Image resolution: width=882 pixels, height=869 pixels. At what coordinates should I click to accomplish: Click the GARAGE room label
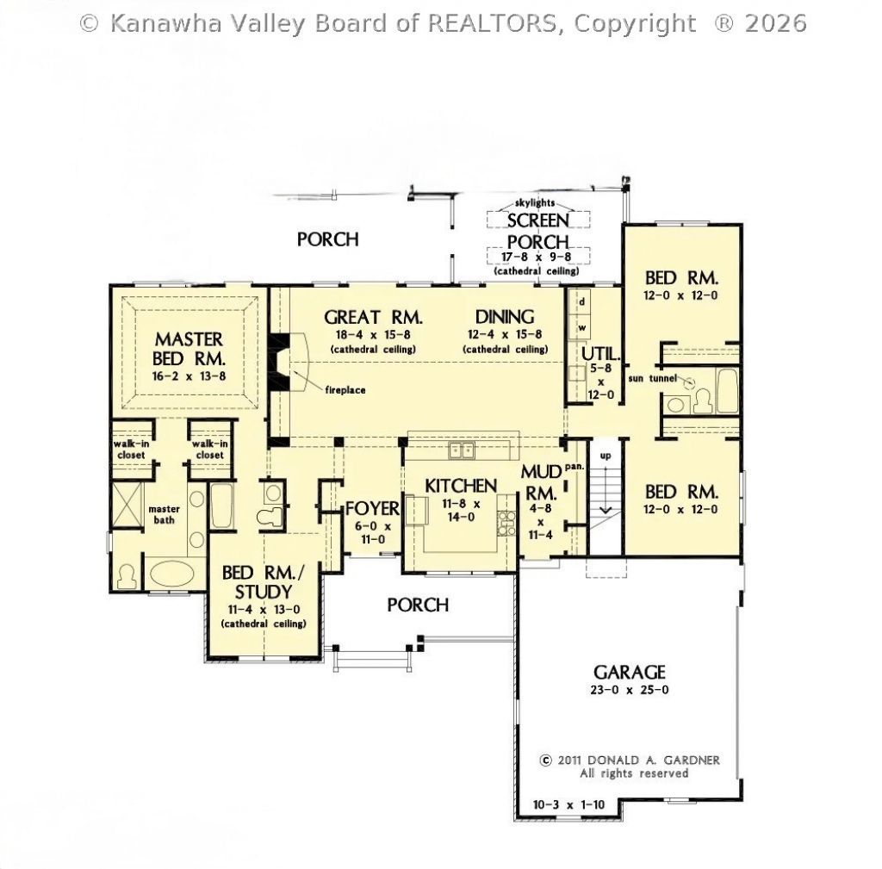coord(630,672)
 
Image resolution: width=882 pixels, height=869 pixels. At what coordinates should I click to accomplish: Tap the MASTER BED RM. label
coord(189,349)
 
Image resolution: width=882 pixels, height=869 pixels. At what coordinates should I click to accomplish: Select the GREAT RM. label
coord(373,317)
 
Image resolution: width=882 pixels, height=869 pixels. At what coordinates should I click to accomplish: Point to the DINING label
coord(505,317)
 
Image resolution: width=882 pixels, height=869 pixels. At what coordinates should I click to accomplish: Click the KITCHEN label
coord(461,486)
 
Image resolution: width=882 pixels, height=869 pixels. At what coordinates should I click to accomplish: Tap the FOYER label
coord(372,508)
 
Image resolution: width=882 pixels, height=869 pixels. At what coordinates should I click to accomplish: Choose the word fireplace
coord(345,390)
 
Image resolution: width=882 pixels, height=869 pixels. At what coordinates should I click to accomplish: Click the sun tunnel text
coord(653,378)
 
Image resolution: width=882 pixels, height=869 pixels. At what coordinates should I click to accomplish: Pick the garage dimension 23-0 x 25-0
coord(630,690)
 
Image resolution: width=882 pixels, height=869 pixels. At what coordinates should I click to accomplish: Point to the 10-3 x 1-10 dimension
coord(568,805)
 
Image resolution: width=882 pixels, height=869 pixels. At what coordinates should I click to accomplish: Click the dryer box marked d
coord(581,302)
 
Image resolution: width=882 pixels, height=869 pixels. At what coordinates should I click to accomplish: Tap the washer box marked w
coord(581,327)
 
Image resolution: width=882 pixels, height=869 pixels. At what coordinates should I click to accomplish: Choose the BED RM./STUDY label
coord(264,582)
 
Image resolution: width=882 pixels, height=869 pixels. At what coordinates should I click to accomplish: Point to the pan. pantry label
coord(575,466)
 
